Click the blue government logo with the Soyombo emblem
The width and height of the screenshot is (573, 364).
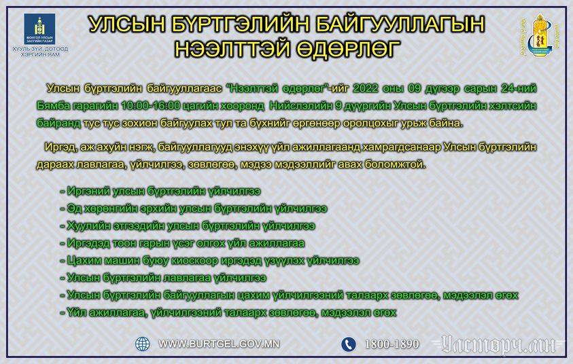pyautogui.click(x=39, y=29)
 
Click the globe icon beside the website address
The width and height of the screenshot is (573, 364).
pyautogui.click(x=143, y=344)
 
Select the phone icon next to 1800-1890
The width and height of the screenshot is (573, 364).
pyautogui.click(x=349, y=344)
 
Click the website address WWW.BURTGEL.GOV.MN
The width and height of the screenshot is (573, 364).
pyautogui.click(x=219, y=344)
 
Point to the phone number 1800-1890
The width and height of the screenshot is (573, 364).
pyautogui.click(x=392, y=344)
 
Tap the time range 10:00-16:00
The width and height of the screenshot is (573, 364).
pyautogui.click(x=151, y=106)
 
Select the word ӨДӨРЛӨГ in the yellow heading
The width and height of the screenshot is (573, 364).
pyautogui.click(x=347, y=49)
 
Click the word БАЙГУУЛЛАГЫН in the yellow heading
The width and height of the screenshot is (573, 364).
pyautogui.click(x=400, y=24)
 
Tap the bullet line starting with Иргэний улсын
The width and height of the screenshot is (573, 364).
pyautogui.click(x=160, y=191)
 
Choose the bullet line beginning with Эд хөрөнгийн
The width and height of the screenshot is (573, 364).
pyautogui.click(x=194, y=208)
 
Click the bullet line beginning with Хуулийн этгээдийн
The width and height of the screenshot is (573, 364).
pyautogui.click(x=188, y=226)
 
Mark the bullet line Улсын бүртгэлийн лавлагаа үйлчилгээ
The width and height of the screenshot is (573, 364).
pyautogui.click(x=163, y=278)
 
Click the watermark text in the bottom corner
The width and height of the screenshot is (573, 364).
pyautogui.click(x=499, y=344)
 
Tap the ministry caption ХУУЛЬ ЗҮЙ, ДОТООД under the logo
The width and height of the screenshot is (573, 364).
pyautogui.click(x=40, y=49)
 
